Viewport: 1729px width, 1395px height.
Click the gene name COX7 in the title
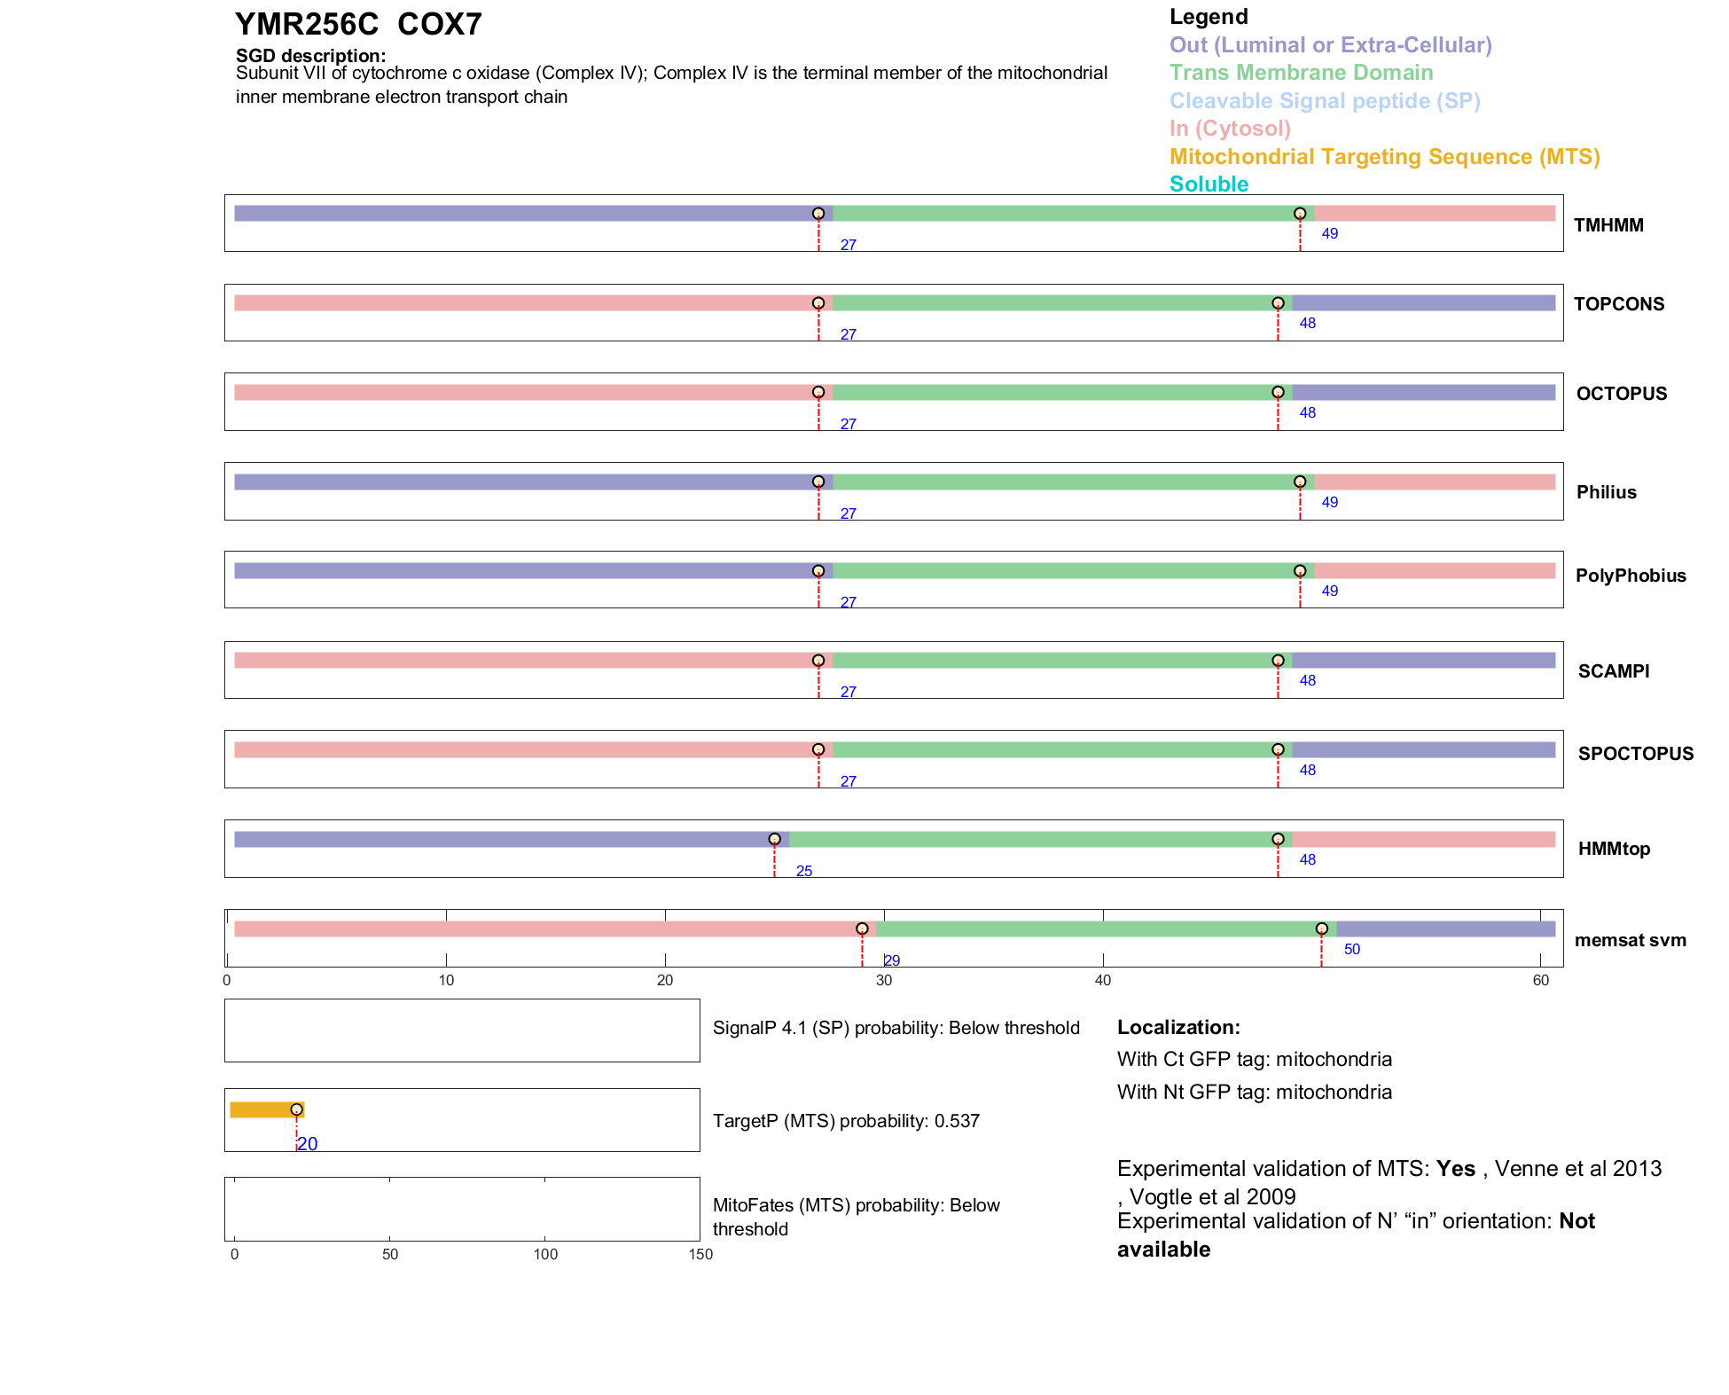(x=439, y=25)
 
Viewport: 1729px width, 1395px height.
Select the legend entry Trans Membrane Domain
(x=1301, y=73)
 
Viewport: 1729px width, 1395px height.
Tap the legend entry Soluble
(x=1209, y=184)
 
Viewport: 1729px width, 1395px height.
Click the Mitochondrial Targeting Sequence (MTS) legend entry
(x=1384, y=157)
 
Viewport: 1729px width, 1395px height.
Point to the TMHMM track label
(x=1608, y=225)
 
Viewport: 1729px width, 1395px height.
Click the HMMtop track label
(x=1614, y=849)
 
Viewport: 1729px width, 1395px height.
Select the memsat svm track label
(x=1630, y=940)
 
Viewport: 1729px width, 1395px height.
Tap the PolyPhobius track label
(x=1631, y=576)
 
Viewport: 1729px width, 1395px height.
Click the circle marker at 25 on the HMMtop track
(x=774, y=839)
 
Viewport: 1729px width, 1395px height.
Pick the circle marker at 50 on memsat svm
(x=1321, y=929)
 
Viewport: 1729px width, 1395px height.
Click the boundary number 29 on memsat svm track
(x=892, y=960)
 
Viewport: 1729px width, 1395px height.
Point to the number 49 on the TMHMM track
(x=1329, y=234)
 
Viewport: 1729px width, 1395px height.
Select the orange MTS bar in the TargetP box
(x=264, y=1109)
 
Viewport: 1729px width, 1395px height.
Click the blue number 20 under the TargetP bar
(x=308, y=1144)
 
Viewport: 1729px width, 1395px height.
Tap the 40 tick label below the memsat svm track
(x=1103, y=980)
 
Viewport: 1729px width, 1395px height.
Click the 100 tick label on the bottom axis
(x=545, y=1254)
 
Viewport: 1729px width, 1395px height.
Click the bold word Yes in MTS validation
(x=1455, y=1169)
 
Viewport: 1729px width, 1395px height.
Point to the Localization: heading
(x=1178, y=1027)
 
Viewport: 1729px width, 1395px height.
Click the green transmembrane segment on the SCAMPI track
(x=1055, y=661)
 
